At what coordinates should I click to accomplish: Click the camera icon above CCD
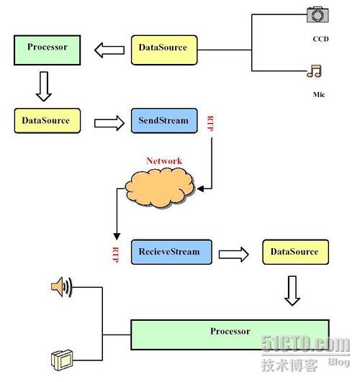point(318,14)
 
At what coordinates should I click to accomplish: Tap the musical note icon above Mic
point(314,71)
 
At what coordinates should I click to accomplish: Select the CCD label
point(320,39)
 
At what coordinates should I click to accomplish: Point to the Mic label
point(319,94)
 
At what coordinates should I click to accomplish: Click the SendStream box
point(164,121)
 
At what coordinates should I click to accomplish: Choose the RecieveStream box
point(171,252)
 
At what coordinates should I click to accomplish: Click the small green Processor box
point(48,50)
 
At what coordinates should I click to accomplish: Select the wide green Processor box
point(230,335)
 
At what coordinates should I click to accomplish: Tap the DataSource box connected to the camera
point(164,50)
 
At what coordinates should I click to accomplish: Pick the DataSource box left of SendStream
point(48,121)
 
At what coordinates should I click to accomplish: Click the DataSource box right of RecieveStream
point(296,252)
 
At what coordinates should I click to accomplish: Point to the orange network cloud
point(160,188)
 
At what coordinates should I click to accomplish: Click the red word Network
point(164,161)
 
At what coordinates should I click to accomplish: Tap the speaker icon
point(62,287)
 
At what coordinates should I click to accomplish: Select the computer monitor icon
point(62,360)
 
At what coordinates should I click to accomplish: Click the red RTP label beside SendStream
point(210,124)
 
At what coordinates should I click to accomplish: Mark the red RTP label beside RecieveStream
point(116,255)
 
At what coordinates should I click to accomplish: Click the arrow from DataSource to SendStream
point(109,123)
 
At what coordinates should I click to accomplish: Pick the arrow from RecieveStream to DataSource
point(234,255)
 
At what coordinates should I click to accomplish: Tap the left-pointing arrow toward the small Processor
point(109,50)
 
